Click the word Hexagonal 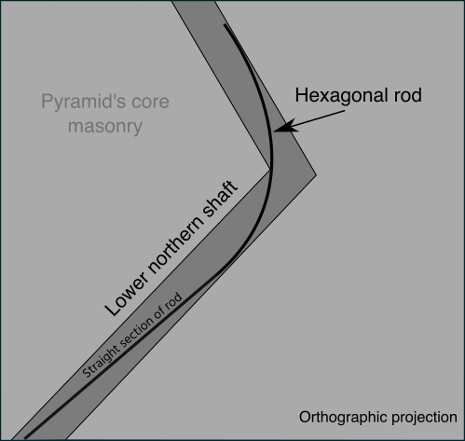click(341, 96)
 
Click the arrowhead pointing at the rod click(283, 127)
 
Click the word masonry click(105, 127)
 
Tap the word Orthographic click(342, 418)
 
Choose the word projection click(424, 418)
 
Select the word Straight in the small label click(101, 362)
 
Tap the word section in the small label click(136, 332)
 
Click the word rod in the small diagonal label click(173, 301)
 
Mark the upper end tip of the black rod click(225, 24)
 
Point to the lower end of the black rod click(25, 438)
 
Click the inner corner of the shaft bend click(269, 170)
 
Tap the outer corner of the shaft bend click(316, 175)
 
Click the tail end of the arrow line click(345, 111)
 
